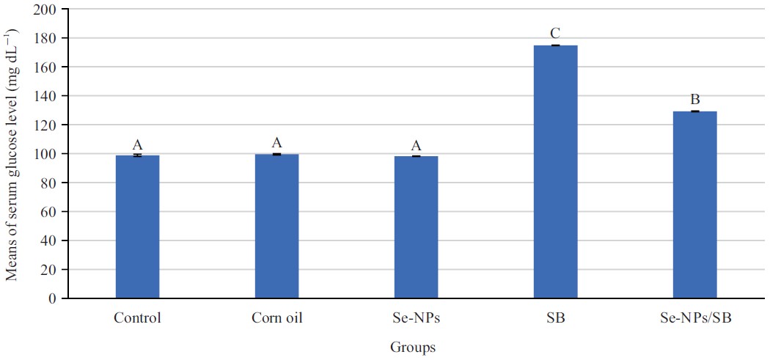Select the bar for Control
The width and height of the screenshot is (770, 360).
coord(137,227)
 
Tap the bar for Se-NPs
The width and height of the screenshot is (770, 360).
coord(416,227)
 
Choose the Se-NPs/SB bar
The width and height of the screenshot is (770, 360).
coord(694,205)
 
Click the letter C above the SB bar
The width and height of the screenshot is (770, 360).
coord(555,34)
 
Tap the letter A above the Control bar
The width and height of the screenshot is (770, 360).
coord(137,144)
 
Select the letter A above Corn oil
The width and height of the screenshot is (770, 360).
coord(276,143)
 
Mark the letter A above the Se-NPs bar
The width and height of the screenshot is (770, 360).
coord(416,145)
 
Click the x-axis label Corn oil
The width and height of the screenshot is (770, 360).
coord(276,318)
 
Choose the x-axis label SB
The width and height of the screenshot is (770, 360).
coord(555,318)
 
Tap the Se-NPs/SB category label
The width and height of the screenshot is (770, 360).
coord(694,318)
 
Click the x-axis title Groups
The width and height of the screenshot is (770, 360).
coord(412,348)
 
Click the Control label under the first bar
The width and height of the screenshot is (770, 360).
coord(137,318)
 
